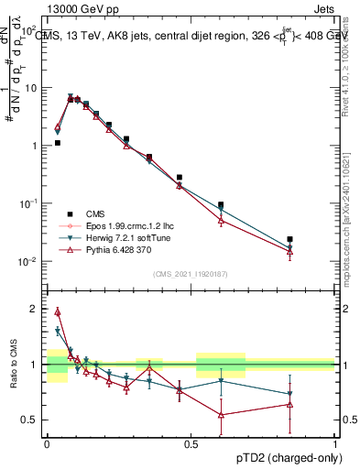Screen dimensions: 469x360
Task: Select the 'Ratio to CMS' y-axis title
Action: (13, 365)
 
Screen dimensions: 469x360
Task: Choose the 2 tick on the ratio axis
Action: (35, 309)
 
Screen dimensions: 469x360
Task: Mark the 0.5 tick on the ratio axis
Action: (30, 420)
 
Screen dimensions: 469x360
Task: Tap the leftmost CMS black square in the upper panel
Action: (57, 143)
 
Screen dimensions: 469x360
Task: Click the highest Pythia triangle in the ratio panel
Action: (57, 311)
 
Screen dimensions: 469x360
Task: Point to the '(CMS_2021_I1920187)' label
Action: (190, 274)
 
